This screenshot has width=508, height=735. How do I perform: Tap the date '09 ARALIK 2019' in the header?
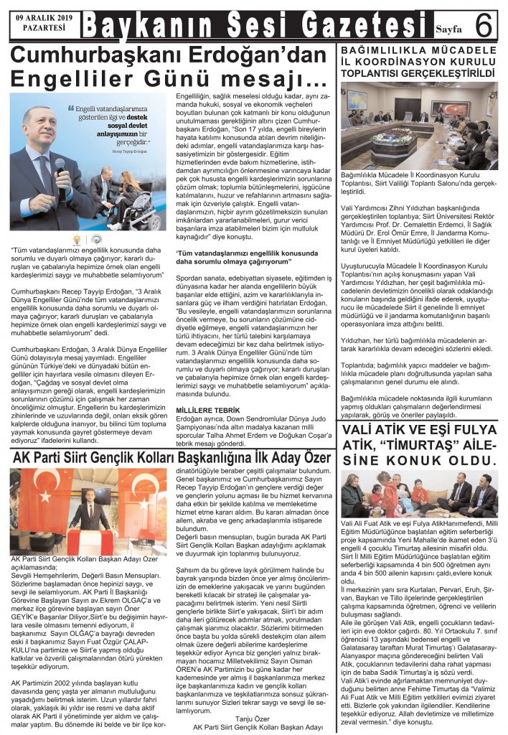[44, 17]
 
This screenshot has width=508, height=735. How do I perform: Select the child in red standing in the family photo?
[392, 491]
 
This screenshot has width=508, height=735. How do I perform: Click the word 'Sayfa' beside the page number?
[449, 29]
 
